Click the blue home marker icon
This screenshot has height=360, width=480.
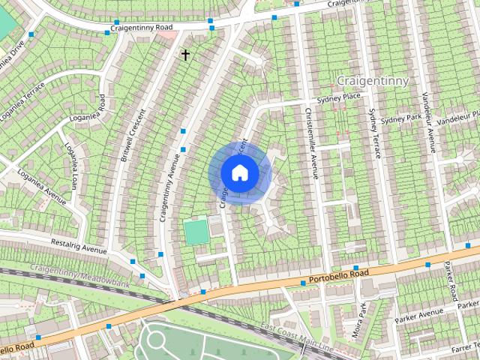click(239, 172)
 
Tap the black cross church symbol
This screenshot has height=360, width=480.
click(185, 55)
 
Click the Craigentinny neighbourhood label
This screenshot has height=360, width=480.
click(372, 79)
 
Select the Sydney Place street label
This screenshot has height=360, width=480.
click(340, 98)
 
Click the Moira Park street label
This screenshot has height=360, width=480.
click(359, 319)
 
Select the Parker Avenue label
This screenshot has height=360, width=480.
click(420, 312)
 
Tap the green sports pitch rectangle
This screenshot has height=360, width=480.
click(196, 231)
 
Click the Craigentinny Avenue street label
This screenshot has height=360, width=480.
click(169, 184)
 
